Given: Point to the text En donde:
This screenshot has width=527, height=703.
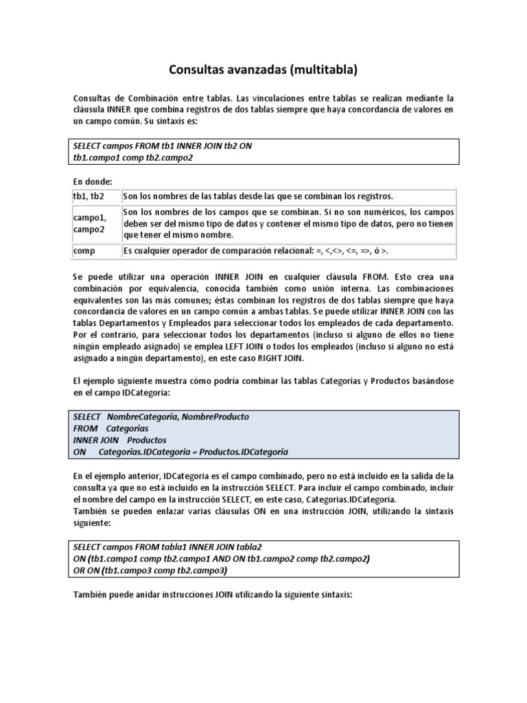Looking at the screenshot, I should [93, 181].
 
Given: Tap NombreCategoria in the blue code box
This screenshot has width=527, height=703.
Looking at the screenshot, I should [141, 417].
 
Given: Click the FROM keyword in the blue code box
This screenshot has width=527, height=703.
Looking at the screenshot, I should [86, 428].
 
